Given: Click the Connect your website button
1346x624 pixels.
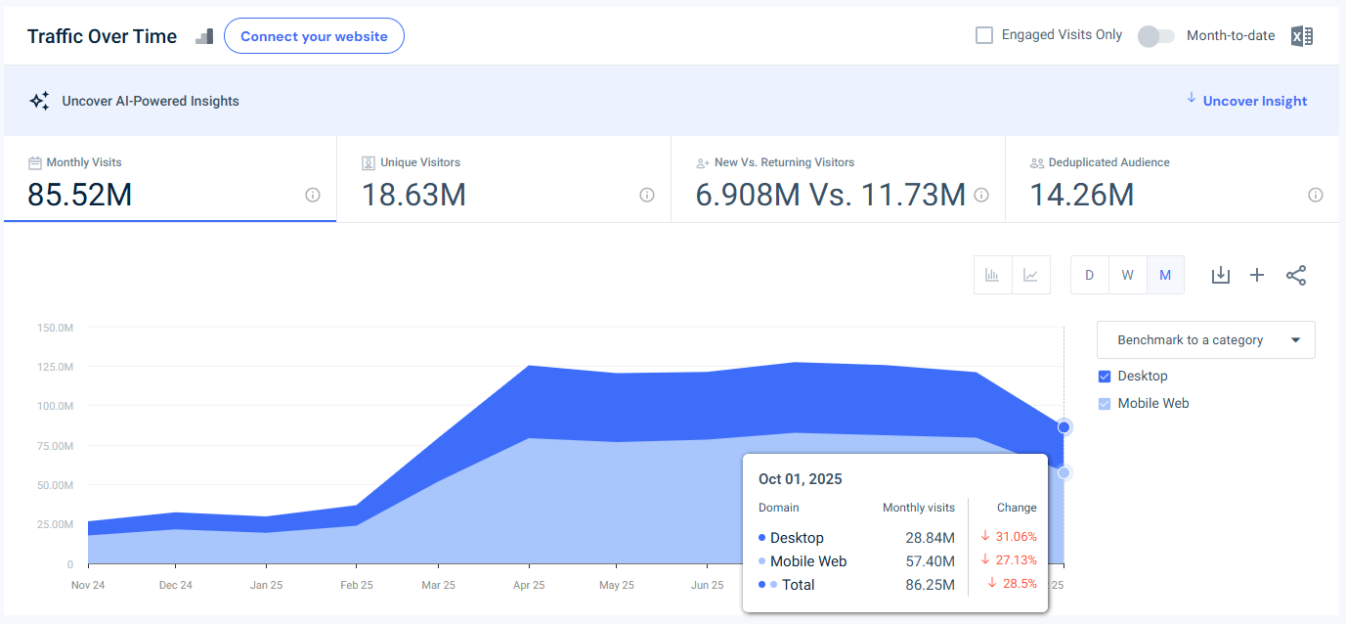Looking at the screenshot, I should pyautogui.click(x=314, y=36).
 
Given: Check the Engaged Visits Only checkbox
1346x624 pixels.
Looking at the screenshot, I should pyautogui.click(x=984, y=35).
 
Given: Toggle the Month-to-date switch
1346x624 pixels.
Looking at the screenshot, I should pyautogui.click(x=1156, y=36).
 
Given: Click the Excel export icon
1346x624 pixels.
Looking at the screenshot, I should pyautogui.click(x=1301, y=36).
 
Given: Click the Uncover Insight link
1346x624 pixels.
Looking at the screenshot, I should pyautogui.click(x=1254, y=101).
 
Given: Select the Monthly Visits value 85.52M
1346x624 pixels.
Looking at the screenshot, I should pyautogui.click(x=79, y=195).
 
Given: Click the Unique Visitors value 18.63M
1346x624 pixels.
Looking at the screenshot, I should pyautogui.click(x=413, y=195).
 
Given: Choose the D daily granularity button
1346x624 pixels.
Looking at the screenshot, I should pyautogui.click(x=1089, y=275).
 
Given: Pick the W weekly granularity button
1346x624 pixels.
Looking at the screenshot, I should pyautogui.click(x=1127, y=275).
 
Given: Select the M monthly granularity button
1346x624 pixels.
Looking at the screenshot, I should pyautogui.click(x=1165, y=275).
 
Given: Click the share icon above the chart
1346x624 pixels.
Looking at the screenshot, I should pyautogui.click(x=1296, y=275).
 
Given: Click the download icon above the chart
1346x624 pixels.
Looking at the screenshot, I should pyautogui.click(x=1220, y=275).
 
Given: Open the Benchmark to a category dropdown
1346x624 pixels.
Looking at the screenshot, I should pyautogui.click(x=1205, y=340).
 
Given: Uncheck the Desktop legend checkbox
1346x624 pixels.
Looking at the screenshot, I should pyautogui.click(x=1105, y=377).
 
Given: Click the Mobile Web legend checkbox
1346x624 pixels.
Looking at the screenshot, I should pyautogui.click(x=1105, y=404).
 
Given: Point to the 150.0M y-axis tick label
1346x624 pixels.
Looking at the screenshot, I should pyautogui.click(x=55, y=328).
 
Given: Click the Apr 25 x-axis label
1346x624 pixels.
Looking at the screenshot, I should pyautogui.click(x=528, y=585).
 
